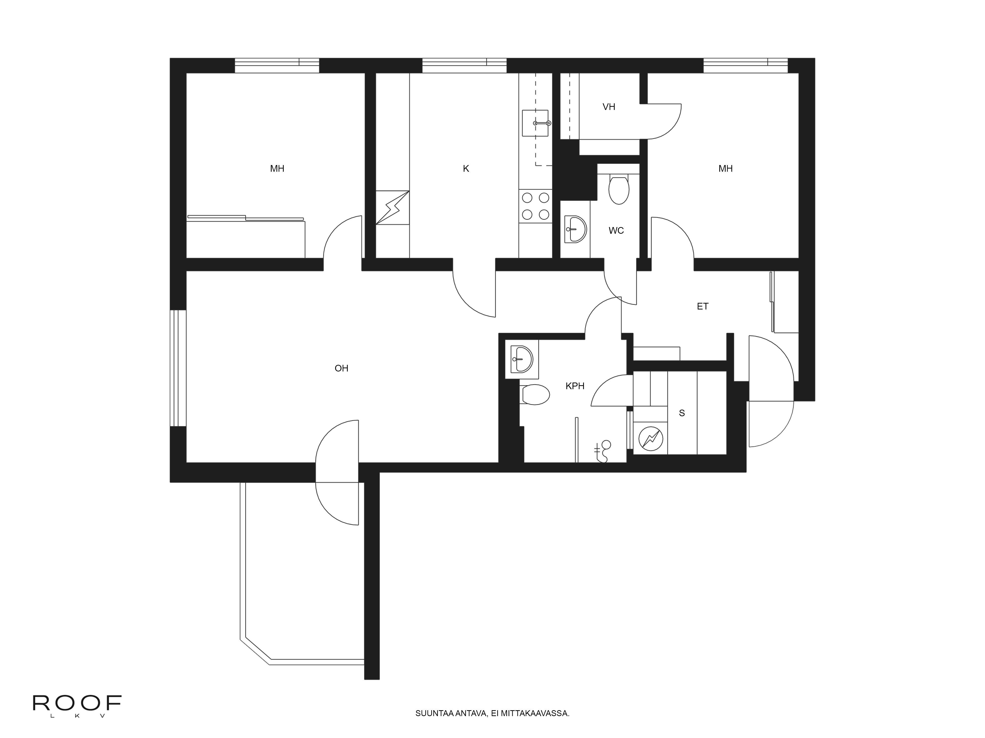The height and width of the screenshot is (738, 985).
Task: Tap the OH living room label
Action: coord(342,368)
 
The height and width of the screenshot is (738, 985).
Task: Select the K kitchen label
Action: coord(466,169)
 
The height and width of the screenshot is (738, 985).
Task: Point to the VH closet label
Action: coord(609,107)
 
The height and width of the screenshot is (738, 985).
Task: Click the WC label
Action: coord(616,231)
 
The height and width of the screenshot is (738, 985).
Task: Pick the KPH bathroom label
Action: coord(575,386)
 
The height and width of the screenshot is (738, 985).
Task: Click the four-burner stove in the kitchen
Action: coord(535,206)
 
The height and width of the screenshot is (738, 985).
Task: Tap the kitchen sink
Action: coord(536,123)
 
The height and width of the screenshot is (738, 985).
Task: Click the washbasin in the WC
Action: coord(575,230)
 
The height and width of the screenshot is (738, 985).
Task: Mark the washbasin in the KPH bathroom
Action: coord(522,359)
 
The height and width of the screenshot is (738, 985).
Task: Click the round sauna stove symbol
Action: coord(651,439)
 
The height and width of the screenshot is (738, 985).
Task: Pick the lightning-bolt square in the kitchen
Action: coord(392,207)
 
